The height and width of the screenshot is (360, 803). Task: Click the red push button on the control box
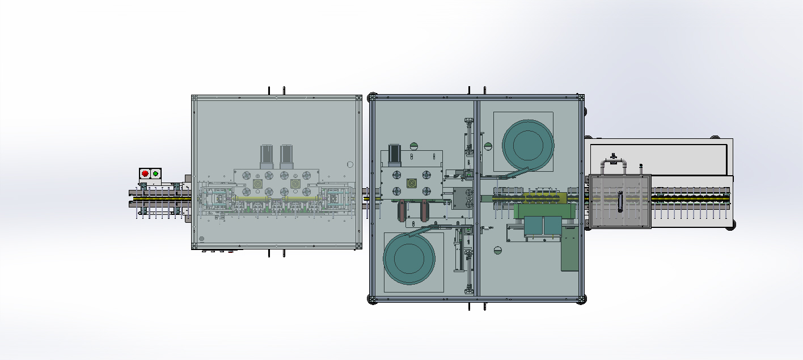coord(145,173)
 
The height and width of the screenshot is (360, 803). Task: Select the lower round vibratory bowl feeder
coord(409,259)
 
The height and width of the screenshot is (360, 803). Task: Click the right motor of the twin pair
coord(286,155)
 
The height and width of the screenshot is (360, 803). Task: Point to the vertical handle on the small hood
coord(619,201)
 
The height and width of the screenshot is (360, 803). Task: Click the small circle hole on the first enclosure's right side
coord(350,164)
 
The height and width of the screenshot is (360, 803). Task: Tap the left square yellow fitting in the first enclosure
coord(257,184)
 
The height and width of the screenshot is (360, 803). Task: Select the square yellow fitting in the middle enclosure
coord(412,184)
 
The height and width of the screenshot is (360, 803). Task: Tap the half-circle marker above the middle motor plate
coord(413,146)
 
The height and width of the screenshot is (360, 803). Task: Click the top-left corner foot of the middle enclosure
coord(373,96)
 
